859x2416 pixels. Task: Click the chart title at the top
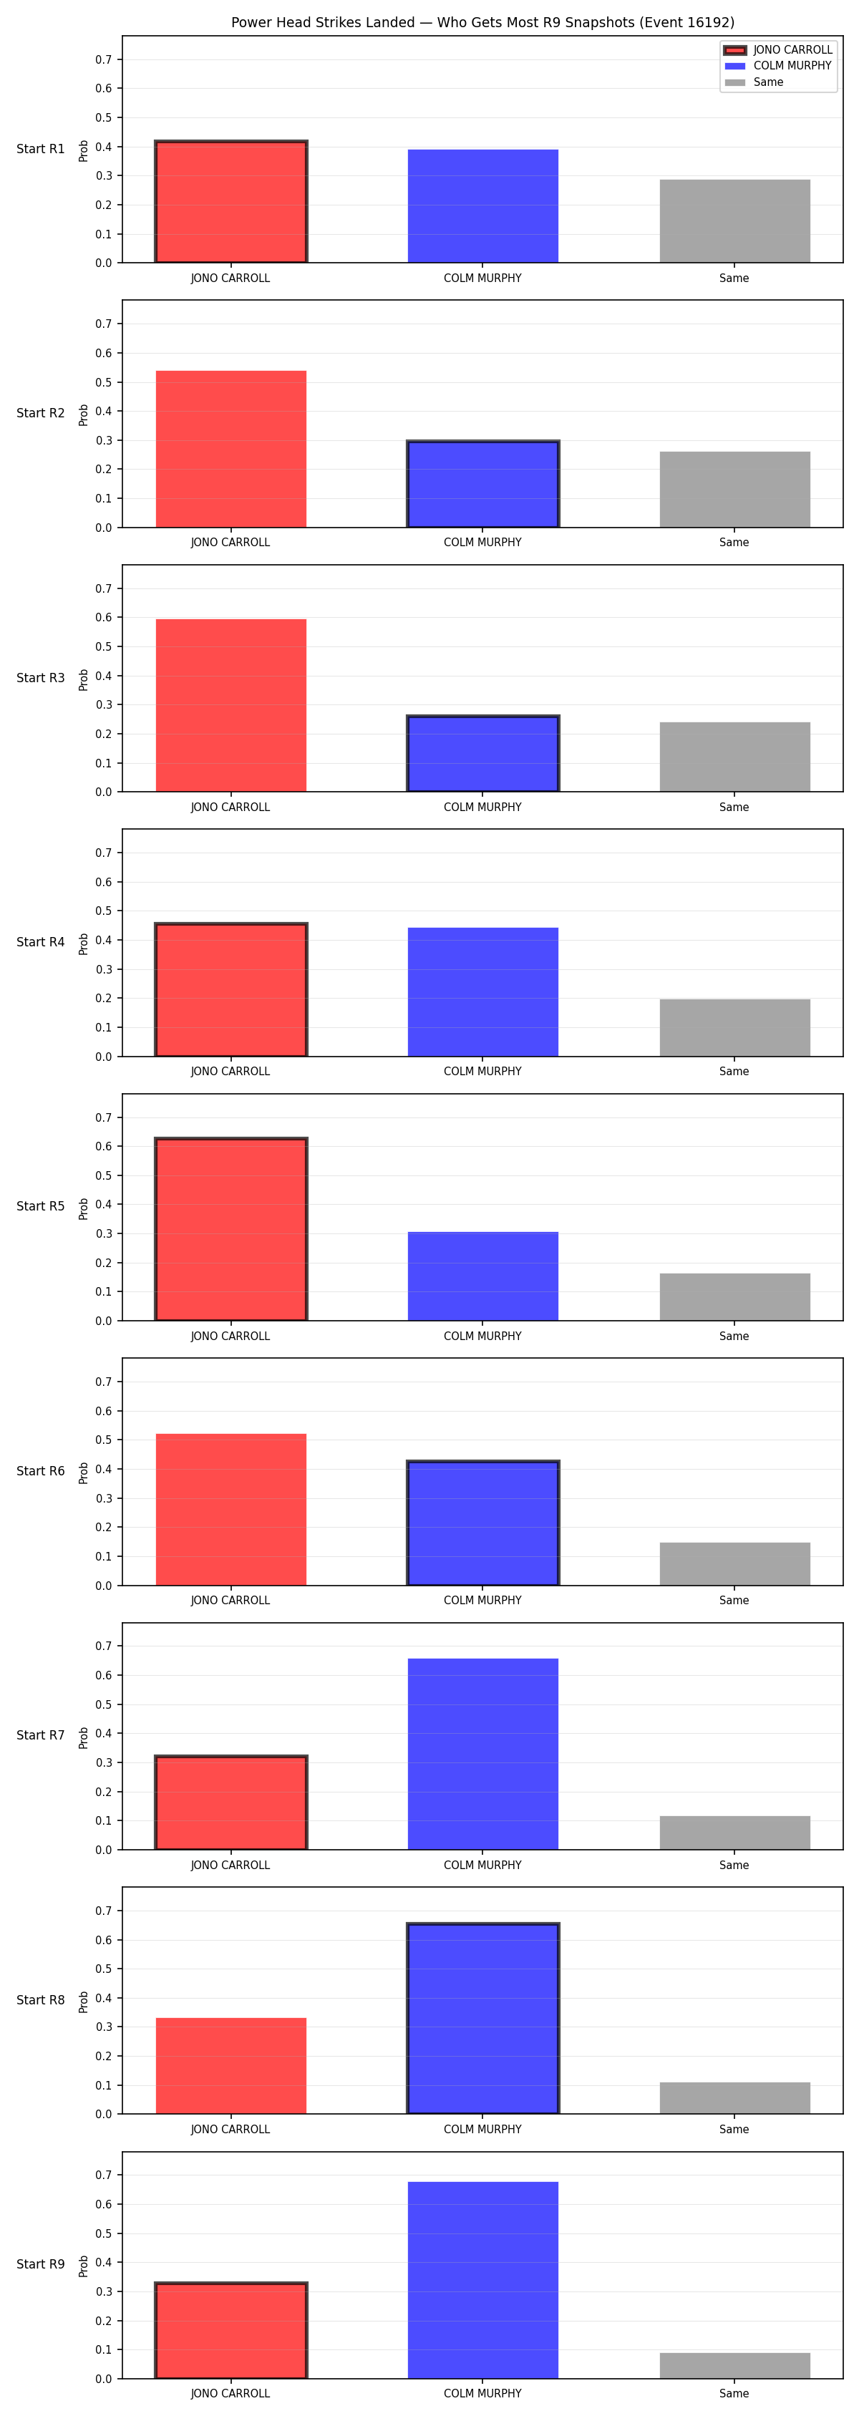pos(483,21)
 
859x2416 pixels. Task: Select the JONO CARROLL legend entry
pos(778,49)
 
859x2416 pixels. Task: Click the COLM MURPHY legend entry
pos(778,66)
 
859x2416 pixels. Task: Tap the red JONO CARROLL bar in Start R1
pos(230,202)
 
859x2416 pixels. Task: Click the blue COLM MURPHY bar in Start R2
pos(483,484)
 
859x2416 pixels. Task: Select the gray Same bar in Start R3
pos(734,757)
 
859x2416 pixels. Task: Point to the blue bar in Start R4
pos(483,992)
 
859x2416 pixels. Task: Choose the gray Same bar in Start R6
pos(734,1563)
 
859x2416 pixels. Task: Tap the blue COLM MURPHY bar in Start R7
pos(483,1754)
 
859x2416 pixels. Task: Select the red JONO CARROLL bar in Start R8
pos(230,2066)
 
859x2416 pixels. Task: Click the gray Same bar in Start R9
pos(734,2365)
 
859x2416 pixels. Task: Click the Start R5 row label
pos(40,1206)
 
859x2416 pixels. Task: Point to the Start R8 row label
pos(40,1999)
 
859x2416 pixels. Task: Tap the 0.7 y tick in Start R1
pos(103,60)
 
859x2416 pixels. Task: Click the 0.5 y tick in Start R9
pos(103,2233)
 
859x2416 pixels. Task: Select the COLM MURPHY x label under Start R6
pos(483,1600)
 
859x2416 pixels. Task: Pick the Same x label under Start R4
pos(734,1071)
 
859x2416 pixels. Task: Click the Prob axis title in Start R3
pos(84,680)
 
